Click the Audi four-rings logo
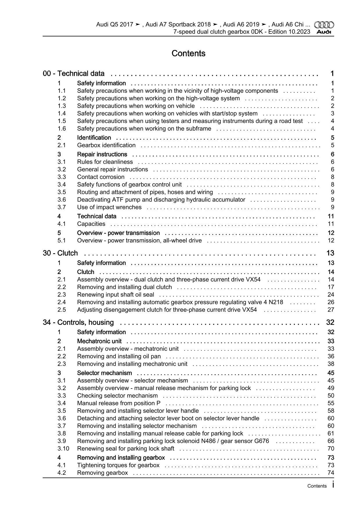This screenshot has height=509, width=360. [324, 25]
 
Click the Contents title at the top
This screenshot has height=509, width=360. [188, 53]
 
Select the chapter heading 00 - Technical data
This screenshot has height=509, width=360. [74, 73]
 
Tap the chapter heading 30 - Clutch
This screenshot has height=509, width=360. [60, 253]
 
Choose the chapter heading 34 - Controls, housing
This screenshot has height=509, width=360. [78, 322]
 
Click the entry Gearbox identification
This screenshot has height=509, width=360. [106, 145]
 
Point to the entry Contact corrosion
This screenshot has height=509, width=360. [101, 177]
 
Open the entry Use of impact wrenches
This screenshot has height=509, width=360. [109, 207]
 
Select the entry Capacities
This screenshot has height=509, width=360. [91, 224]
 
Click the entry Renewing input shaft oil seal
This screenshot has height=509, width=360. [116, 294]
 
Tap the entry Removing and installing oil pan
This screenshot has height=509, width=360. [119, 356]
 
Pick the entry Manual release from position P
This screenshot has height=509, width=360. [119, 403]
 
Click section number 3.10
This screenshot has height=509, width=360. [63, 448]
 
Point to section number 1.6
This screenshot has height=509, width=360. [62, 128]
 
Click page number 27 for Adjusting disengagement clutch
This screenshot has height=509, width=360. [331, 310]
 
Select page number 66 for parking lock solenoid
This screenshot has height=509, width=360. [331, 441]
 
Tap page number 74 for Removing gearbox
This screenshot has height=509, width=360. [331, 473]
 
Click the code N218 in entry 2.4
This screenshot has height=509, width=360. [276, 302]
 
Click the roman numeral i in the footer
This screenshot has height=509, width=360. [333, 485]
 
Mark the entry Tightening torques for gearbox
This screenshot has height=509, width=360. [118, 465]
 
